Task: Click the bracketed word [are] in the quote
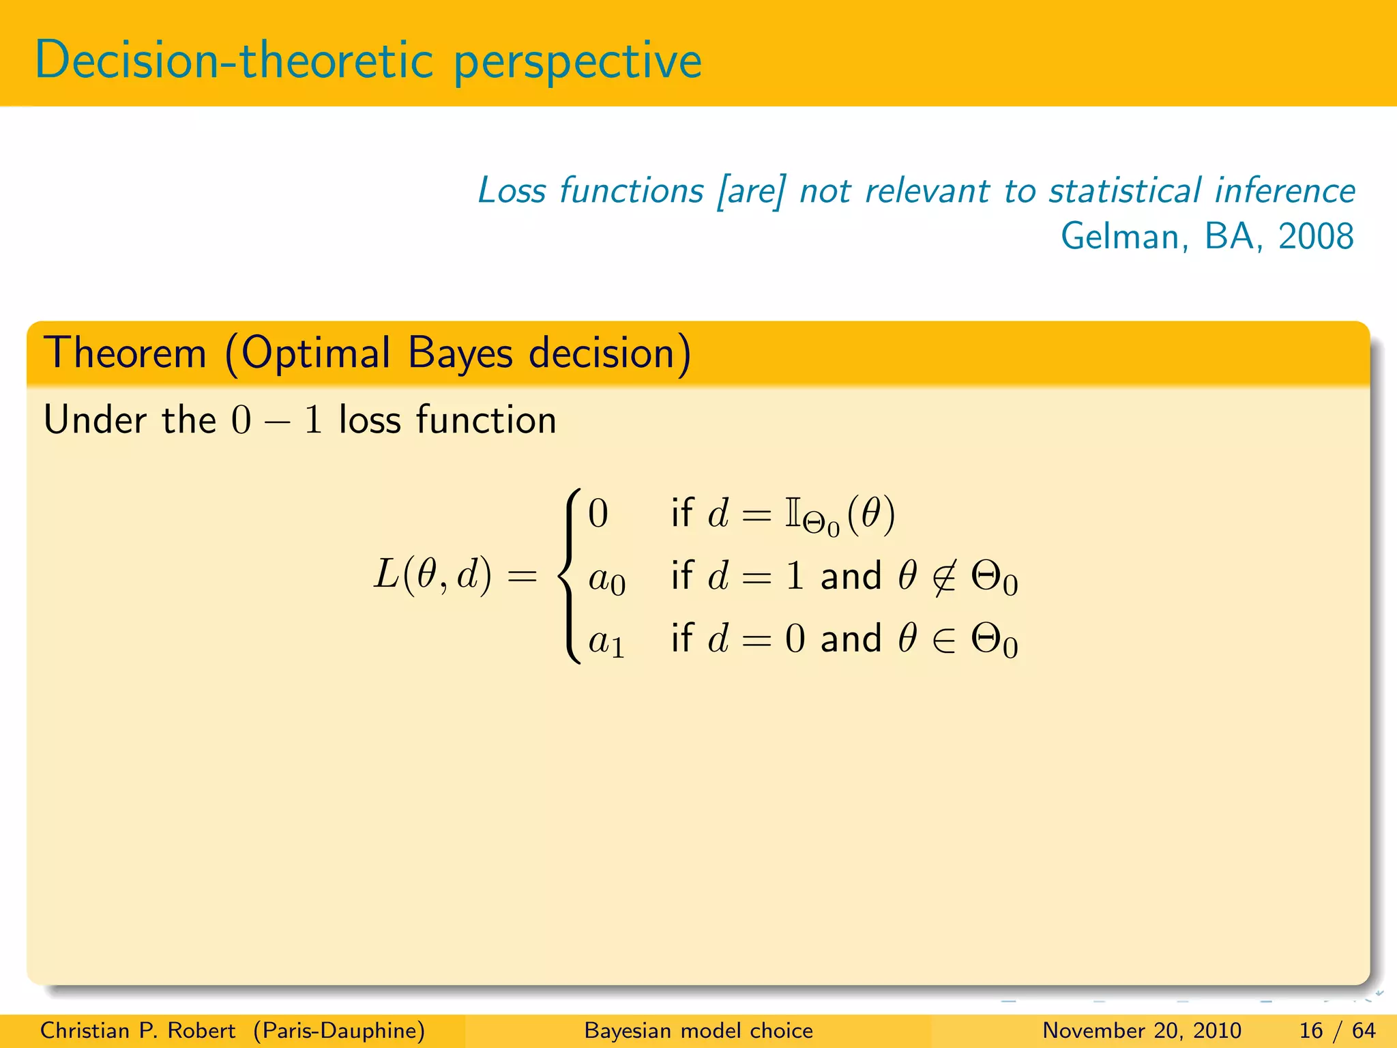click(750, 190)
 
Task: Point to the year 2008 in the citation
click(1315, 237)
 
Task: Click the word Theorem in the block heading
click(126, 353)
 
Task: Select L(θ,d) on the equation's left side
click(432, 574)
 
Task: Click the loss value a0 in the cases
click(606, 580)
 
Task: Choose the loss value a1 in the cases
click(606, 642)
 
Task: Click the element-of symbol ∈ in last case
click(944, 640)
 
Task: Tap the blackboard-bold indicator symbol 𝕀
click(792, 512)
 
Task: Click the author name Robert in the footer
click(201, 1030)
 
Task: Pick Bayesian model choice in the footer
click(698, 1030)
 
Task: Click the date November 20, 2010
click(1141, 1030)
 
